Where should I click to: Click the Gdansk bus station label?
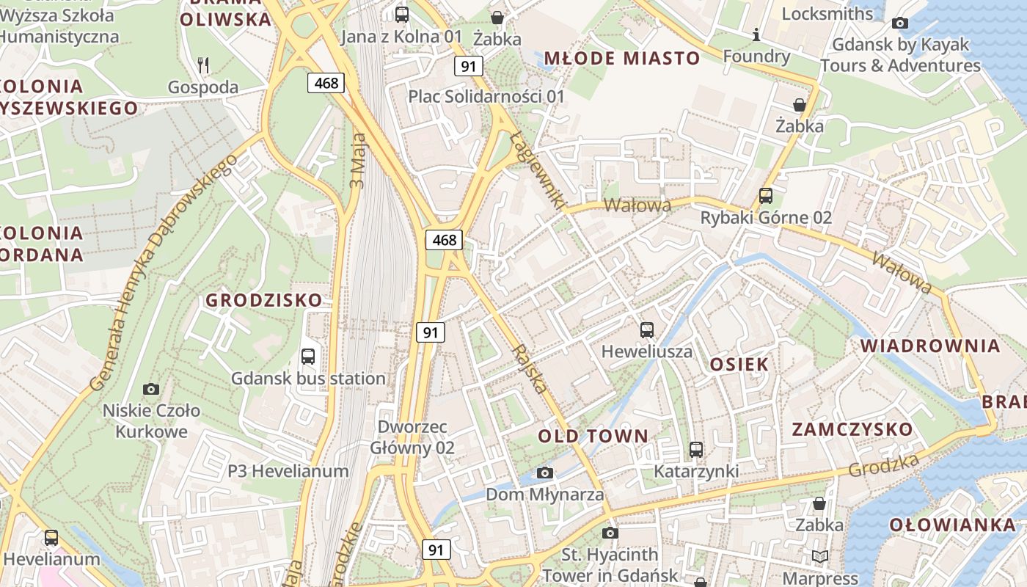tap(308, 379)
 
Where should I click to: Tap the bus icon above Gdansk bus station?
tap(308, 357)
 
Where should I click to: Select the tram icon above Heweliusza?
tap(646, 330)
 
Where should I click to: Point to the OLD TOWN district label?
tap(593, 437)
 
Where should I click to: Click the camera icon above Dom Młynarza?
tap(544, 473)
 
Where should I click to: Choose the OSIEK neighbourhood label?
tap(739, 365)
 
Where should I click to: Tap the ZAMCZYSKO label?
tap(852, 429)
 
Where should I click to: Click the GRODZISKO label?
tap(263, 300)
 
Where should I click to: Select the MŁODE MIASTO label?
tap(621, 58)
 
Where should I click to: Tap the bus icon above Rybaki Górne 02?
tap(766, 196)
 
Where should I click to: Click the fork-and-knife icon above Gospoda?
tap(203, 65)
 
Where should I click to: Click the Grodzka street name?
tap(884, 465)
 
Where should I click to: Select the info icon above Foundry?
tap(756, 34)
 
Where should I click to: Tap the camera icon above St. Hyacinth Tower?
tap(610, 533)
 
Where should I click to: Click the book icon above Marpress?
tap(819, 557)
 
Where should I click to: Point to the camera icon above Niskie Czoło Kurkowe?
tap(151, 389)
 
